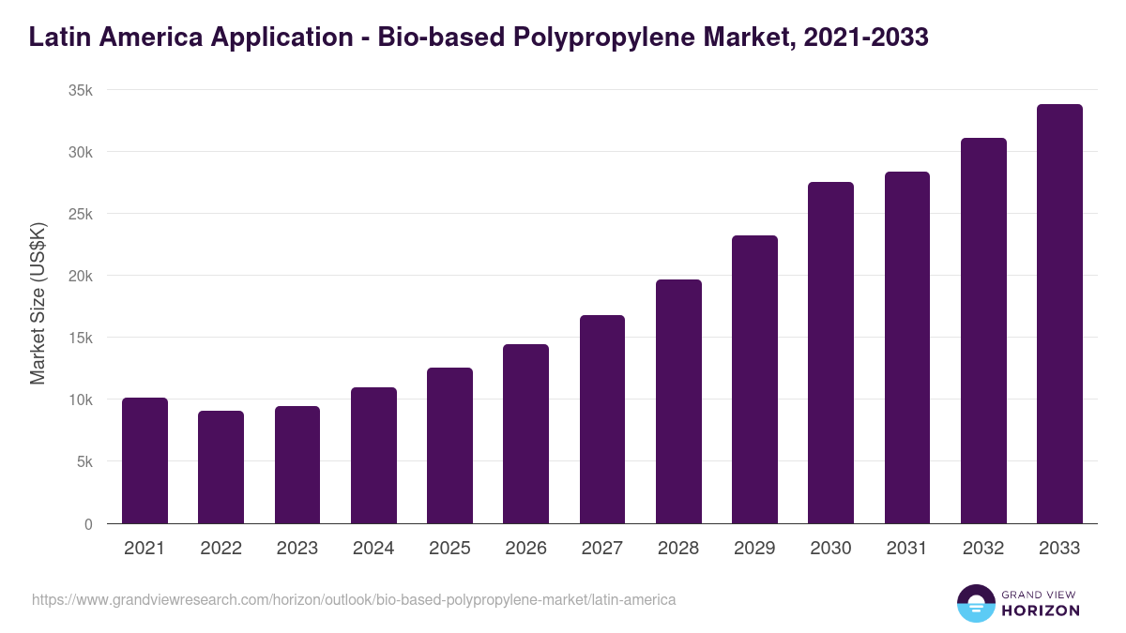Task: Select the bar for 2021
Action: point(145,460)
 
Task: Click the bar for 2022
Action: point(221,467)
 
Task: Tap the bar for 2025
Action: point(449,445)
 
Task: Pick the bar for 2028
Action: point(678,401)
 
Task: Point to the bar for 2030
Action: point(830,353)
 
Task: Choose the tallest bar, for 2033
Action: point(1059,314)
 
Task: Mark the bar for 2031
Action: point(906,348)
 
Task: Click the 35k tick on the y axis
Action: point(82,90)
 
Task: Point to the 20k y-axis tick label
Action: point(82,276)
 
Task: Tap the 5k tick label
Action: point(85,461)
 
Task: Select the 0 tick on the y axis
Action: point(88,524)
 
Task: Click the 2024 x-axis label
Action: point(373,549)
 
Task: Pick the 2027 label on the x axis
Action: point(602,549)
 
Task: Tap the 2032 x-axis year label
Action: point(983,549)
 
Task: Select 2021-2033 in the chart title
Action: point(867,38)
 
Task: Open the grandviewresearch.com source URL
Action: point(354,599)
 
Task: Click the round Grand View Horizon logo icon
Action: point(975,604)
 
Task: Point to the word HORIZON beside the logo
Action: point(1040,610)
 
